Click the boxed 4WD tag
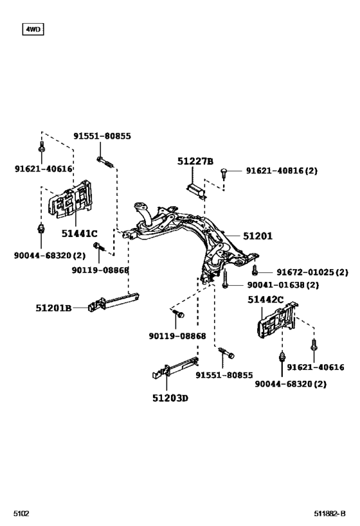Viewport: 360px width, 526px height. click(x=32, y=29)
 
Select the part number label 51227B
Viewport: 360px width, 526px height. click(x=195, y=161)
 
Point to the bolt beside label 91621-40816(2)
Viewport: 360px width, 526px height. click(x=224, y=172)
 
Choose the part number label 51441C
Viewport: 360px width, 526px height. click(x=79, y=233)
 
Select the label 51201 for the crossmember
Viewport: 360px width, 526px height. click(x=258, y=236)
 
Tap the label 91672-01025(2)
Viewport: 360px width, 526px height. click(x=303, y=272)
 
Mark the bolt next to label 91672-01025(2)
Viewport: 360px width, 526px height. click(x=255, y=271)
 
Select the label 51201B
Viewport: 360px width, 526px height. click(x=53, y=308)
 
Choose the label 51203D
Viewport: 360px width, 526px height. click(x=170, y=398)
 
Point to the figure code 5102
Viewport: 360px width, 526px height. click(x=21, y=514)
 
